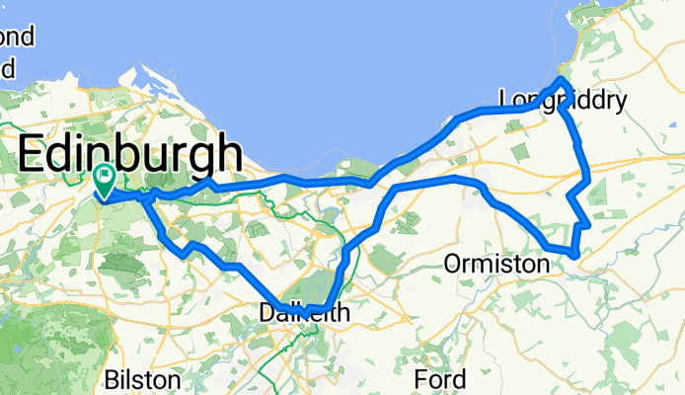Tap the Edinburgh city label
click(x=130, y=156)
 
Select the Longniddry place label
click(x=563, y=101)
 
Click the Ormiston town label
click(x=496, y=265)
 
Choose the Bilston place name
click(x=142, y=380)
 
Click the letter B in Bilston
click(x=112, y=380)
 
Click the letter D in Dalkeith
click(x=265, y=313)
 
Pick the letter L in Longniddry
click(x=505, y=101)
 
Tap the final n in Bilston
click(x=175, y=380)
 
